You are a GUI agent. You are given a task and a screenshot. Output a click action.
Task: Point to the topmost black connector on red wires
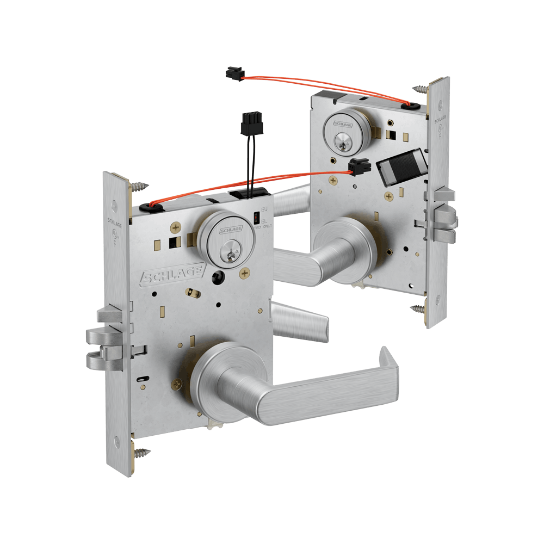click(234, 72)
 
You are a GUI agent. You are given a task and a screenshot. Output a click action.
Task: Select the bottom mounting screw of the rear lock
click(418, 310)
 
